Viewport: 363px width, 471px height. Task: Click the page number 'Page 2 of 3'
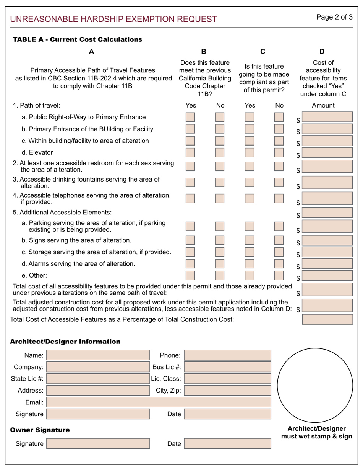[x=334, y=17]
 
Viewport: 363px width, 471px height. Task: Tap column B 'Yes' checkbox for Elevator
[x=190, y=152]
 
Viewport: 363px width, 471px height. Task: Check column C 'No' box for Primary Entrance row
[x=279, y=129]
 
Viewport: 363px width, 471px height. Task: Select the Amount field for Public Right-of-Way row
[x=327, y=117]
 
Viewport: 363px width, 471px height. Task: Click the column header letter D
[x=322, y=51]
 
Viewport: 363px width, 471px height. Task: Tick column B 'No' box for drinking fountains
[x=220, y=182]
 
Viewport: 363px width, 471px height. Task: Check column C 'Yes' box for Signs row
[x=250, y=240]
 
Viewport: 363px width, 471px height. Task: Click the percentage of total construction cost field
[x=327, y=319]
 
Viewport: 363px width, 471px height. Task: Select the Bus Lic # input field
[x=227, y=367]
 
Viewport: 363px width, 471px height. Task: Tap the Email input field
[x=159, y=402]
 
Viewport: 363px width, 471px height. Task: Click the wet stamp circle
[x=315, y=385]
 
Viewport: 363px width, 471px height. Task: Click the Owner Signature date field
[x=227, y=443]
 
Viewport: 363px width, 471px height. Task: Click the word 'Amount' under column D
[x=323, y=105]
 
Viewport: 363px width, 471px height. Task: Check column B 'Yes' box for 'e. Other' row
[x=190, y=275]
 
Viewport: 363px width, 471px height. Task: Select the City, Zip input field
[x=227, y=390]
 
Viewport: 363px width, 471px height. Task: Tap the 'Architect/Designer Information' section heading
[x=65, y=342]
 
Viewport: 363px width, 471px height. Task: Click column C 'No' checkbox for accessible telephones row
[x=279, y=198]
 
